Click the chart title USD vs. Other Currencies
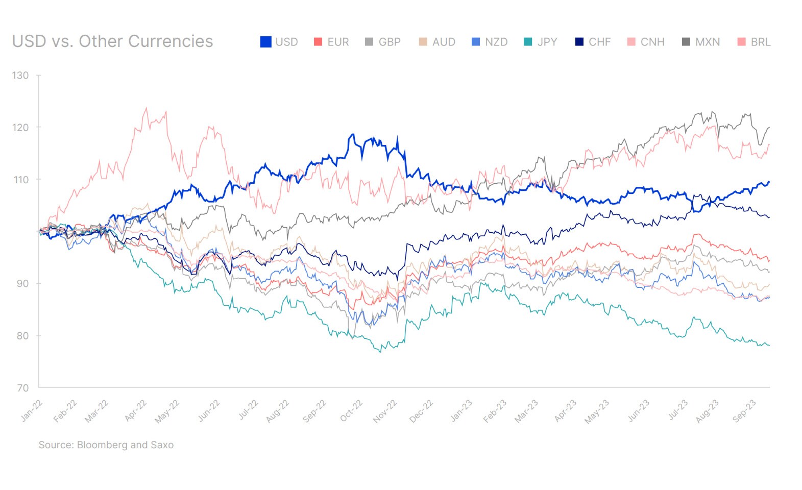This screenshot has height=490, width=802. pos(112,41)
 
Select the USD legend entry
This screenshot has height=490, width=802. pos(279,42)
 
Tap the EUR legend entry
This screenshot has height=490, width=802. pos(331,42)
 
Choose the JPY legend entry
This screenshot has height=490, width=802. pos(540,42)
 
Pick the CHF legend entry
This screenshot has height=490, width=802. pos(593,42)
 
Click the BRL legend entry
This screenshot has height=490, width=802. pos(754,42)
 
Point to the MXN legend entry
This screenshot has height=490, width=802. pos(701,42)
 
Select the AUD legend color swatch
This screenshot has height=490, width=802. pos(423,42)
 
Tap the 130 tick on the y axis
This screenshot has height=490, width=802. pos(20,76)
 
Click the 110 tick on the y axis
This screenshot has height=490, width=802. pos(20,180)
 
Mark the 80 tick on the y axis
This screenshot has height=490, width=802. pos(22,336)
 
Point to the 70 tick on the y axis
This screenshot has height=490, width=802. pos(22,388)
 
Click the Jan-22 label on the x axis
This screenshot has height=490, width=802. pos(32,411)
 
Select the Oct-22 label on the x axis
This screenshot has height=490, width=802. pos(351,411)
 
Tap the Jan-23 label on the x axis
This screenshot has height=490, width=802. pos(461,411)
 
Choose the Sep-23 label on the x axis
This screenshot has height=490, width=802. pos(744,411)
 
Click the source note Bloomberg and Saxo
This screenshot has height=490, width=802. pos(106,445)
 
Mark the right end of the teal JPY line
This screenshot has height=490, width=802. pos(769,346)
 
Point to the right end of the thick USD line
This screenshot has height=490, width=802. pos(769,182)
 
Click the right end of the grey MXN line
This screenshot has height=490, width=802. pos(769,128)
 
